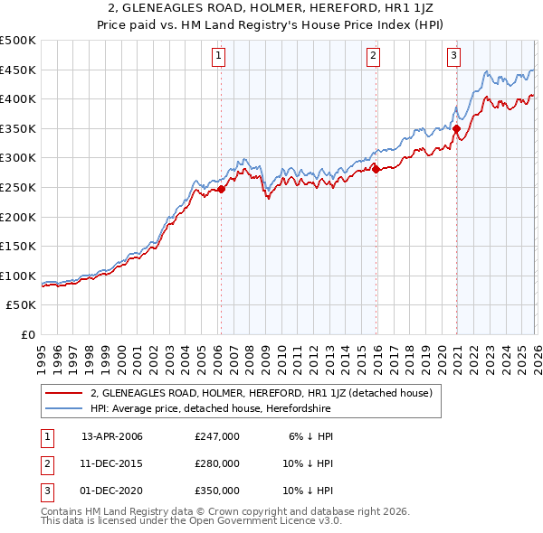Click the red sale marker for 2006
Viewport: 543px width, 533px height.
[x=221, y=189]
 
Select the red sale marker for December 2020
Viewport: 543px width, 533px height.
[x=457, y=129]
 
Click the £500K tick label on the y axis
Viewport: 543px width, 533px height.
[x=18, y=41]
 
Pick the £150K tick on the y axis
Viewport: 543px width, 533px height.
[x=18, y=247]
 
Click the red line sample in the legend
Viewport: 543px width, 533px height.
[x=65, y=393]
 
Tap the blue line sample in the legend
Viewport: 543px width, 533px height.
[x=65, y=408]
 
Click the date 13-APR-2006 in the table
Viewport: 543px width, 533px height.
[x=112, y=435]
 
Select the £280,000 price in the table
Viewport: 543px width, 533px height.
[x=216, y=463]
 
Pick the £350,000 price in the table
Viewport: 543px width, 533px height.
[x=216, y=491]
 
